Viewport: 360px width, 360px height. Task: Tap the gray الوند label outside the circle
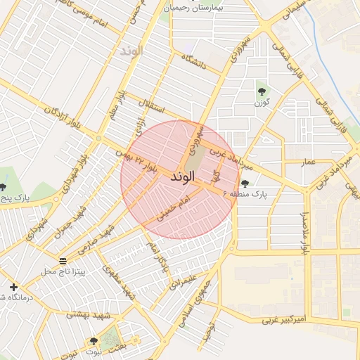coord(131,51)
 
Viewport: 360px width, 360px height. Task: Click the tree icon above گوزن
coord(262,91)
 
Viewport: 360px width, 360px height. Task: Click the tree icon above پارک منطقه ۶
coord(245,183)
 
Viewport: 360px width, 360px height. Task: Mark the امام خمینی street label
coord(172,209)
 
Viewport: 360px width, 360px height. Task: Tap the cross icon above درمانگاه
coord(13,287)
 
